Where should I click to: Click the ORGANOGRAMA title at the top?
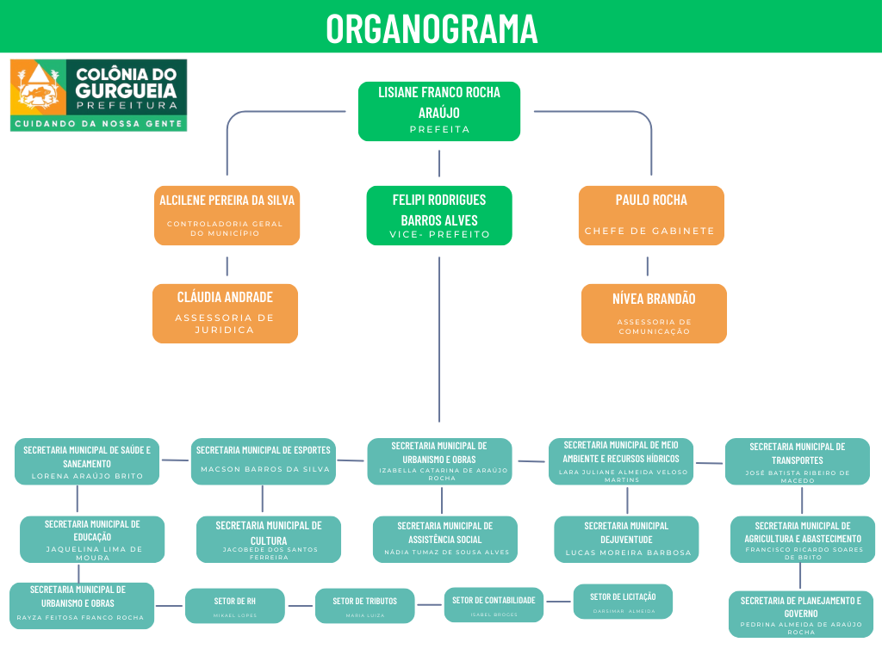(432, 28)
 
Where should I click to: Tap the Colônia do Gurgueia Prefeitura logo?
(98, 95)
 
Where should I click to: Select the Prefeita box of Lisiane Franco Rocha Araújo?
(439, 111)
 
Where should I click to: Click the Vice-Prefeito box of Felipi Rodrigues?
(439, 215)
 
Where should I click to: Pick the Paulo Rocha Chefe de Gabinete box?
(651, 215)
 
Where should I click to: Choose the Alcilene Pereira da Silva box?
(227, 215)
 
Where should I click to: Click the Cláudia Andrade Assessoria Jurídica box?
(225, 313)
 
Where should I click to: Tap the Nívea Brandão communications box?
(654, 313)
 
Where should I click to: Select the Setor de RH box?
(234, 606)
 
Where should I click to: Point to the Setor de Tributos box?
(364, 606)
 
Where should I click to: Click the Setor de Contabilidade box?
(494, 605)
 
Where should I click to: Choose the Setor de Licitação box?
(623, 602)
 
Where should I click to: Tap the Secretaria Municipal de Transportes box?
(797, 462)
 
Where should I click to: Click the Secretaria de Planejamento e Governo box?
(800, 615)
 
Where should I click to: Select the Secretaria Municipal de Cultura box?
(269, 539)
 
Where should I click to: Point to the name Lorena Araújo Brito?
(86, 476)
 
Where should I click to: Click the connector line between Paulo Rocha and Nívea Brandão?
(648, 265)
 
